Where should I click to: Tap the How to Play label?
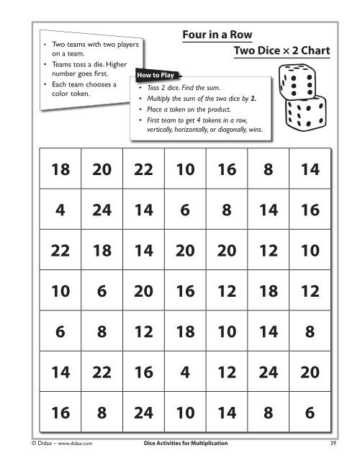click(x=153, y=73)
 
